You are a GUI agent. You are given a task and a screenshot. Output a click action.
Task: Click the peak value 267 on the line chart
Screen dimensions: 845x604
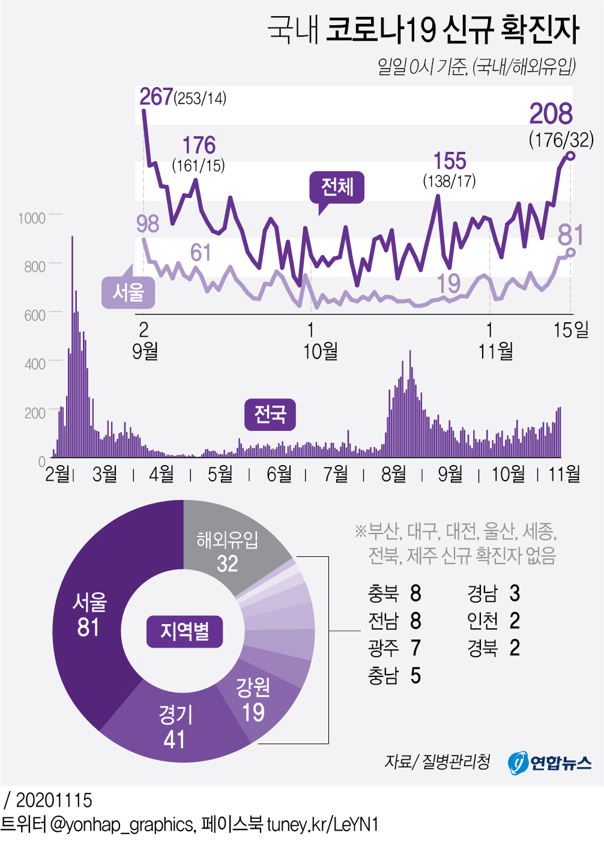(x=156, y=97)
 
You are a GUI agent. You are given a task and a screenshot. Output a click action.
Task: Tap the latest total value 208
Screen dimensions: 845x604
(x=551, y=114)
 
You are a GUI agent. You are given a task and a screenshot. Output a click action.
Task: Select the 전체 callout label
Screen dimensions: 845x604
(x=337, y=187)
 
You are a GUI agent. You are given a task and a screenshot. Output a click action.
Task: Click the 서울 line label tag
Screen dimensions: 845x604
(x=128, y=293)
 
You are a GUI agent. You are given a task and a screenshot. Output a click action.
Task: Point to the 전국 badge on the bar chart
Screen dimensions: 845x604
(x=270, y=414)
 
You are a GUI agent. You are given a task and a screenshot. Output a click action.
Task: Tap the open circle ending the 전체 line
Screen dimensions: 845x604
(x=570, y=156)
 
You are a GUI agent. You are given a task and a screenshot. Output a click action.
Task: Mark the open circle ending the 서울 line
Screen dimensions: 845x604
(x=570, y=252)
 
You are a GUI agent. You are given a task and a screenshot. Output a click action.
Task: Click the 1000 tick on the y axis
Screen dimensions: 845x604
(x=32, y=218)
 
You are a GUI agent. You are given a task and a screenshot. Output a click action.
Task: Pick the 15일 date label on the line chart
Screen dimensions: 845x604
(x=570, y=329)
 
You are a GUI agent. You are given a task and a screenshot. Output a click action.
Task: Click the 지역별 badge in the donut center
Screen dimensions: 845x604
(x=185, y=631)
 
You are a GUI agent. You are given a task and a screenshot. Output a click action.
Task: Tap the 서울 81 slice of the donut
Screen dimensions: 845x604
(x=90, y=615)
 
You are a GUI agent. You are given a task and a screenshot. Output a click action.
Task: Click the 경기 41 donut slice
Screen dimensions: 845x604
(x=175, y=726)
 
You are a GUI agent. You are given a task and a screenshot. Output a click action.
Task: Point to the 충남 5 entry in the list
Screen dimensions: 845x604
(x=394, y=676)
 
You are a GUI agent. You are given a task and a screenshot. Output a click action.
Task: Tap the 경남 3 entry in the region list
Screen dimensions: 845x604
(x=493, y=594)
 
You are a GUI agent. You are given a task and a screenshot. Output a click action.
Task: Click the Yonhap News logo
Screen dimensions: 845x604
(x=549, y=762)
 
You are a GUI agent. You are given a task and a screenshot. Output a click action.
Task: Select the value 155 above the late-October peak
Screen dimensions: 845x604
(x=450, y=161)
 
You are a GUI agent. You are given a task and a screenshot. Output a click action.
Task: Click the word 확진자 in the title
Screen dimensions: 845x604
(x=540, y=29)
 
